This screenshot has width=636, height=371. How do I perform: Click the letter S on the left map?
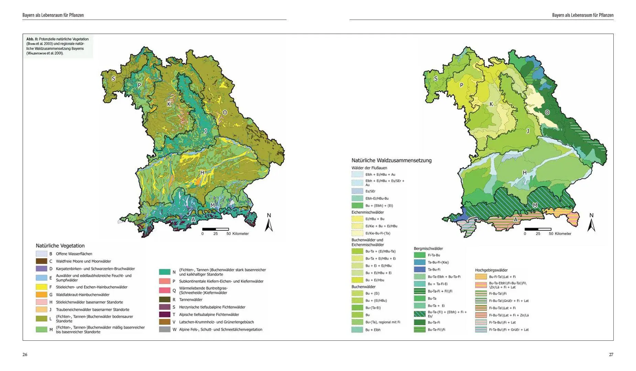click(113, 79)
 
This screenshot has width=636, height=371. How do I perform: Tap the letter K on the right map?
click(491, 104)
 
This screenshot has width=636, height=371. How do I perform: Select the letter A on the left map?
click(193, 220)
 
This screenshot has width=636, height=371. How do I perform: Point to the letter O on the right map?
click(547, 112)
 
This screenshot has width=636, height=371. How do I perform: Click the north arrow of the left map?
click(269, 223)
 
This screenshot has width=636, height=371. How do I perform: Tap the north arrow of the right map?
click(591, 223)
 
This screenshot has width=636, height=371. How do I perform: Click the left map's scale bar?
click(216, 229)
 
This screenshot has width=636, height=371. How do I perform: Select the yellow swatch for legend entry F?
click(41, 287)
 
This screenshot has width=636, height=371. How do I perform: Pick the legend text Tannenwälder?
click(190, 300)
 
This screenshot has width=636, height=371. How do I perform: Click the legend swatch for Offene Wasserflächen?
click(41, 254)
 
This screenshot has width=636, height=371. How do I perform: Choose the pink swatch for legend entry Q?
click(165, 291)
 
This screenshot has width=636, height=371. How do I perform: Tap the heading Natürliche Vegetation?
click(60, 246)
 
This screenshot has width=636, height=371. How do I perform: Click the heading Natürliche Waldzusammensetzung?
click(391, 160)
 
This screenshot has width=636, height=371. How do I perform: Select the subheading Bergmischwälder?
click(428, 248)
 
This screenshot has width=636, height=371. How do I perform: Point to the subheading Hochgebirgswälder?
click(491, 270)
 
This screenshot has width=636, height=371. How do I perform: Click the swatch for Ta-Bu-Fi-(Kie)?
click(419, 262)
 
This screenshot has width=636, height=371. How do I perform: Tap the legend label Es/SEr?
click(370, 191)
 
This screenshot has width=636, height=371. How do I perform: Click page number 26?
click(25, 355)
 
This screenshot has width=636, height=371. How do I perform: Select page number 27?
click(611, 355)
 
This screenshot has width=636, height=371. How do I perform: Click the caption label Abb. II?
click(32, 39)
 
